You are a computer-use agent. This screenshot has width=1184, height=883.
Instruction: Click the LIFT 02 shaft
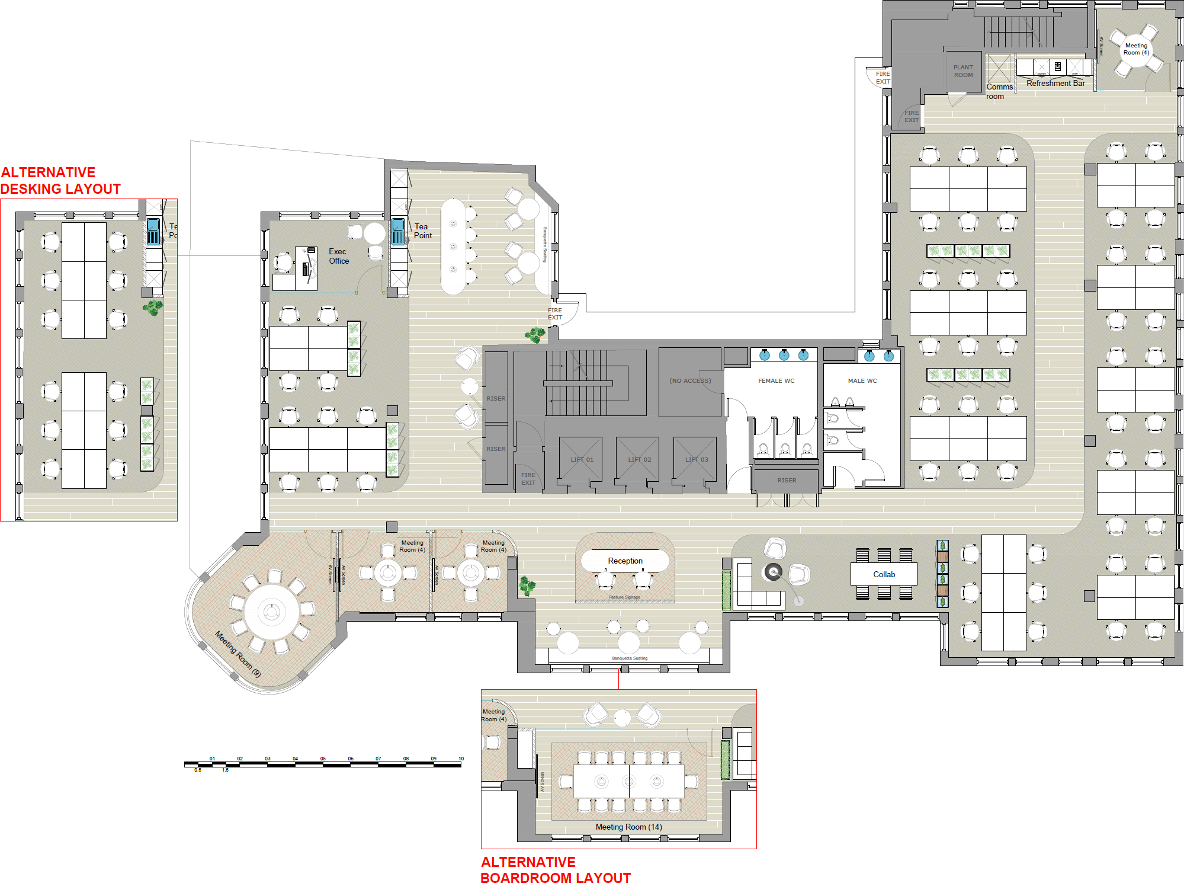pos(637,459)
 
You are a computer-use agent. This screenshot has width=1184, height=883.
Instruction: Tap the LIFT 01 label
pos(582,460)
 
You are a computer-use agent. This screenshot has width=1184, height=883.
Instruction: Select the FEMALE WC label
pos(776,381)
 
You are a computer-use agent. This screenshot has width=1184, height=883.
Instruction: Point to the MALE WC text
pos(862,381)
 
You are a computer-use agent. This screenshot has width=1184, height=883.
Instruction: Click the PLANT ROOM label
pos(963,71)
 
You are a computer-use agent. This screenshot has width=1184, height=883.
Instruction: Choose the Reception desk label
pos(625,561)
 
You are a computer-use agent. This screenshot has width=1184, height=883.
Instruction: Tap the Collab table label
pos(884,574)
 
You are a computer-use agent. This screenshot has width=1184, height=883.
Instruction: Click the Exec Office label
pos(339,256)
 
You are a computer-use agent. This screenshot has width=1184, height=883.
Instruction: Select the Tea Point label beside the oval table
pos(422,231)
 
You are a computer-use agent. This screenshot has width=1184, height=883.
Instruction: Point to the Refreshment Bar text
pos(1055,84)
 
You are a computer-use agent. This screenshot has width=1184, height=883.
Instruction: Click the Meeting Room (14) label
pos(628,827)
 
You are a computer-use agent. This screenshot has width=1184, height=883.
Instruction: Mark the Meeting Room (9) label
pos(238,654)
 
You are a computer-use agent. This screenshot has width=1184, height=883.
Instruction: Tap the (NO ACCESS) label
pos(690,381)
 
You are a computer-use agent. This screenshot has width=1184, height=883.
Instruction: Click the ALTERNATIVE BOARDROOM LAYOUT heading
pos(555,870)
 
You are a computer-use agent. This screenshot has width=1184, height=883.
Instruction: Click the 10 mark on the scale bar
pos(461,759)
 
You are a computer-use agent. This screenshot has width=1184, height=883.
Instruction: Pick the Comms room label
pos(999,91)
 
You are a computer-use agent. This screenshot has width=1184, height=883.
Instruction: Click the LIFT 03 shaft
pos(695,459)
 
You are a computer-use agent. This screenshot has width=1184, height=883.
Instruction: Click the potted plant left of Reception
pos(527,586)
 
